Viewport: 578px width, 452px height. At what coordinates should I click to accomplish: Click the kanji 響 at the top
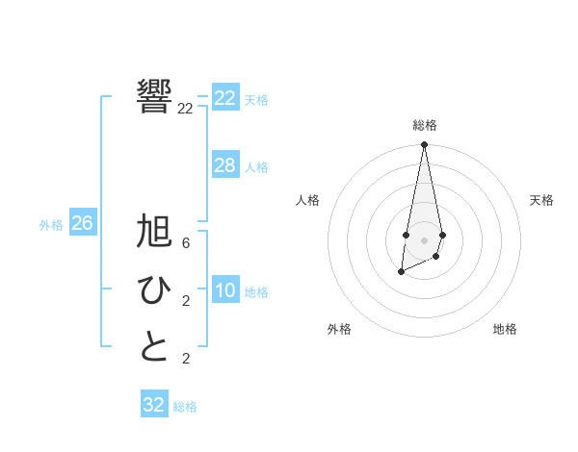point(154,97)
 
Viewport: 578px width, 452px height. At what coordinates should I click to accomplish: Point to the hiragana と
point(154,347)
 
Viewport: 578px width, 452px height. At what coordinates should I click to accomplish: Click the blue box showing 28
point(225,165)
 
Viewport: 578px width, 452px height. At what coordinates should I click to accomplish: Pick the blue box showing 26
point(82,223)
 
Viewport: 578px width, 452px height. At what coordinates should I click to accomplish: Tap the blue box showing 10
point(225,290)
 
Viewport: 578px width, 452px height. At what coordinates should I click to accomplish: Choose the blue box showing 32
point(154,405)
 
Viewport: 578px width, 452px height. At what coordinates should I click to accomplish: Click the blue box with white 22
point(225,98)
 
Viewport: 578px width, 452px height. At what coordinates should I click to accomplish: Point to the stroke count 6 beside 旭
point(185,243)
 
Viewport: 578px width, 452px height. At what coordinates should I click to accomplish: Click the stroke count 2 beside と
point(185,359)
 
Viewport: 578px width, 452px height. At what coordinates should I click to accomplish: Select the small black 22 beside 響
point(185,109)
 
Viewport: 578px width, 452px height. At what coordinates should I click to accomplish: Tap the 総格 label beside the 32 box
point(185,407)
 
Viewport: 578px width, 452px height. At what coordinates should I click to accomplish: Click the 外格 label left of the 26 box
point(51,225)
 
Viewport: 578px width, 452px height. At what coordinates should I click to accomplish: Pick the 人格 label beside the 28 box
point(256,167)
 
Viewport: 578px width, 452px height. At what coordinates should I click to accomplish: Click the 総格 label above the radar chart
point(424,125)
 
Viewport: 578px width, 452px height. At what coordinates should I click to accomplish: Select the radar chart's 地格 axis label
point(505,329)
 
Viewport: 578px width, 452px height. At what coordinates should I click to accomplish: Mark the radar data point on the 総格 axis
point(424,145)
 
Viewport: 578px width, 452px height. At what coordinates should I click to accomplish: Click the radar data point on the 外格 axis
point(401,273)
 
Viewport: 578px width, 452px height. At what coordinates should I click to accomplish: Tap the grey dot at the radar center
point(424,240)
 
